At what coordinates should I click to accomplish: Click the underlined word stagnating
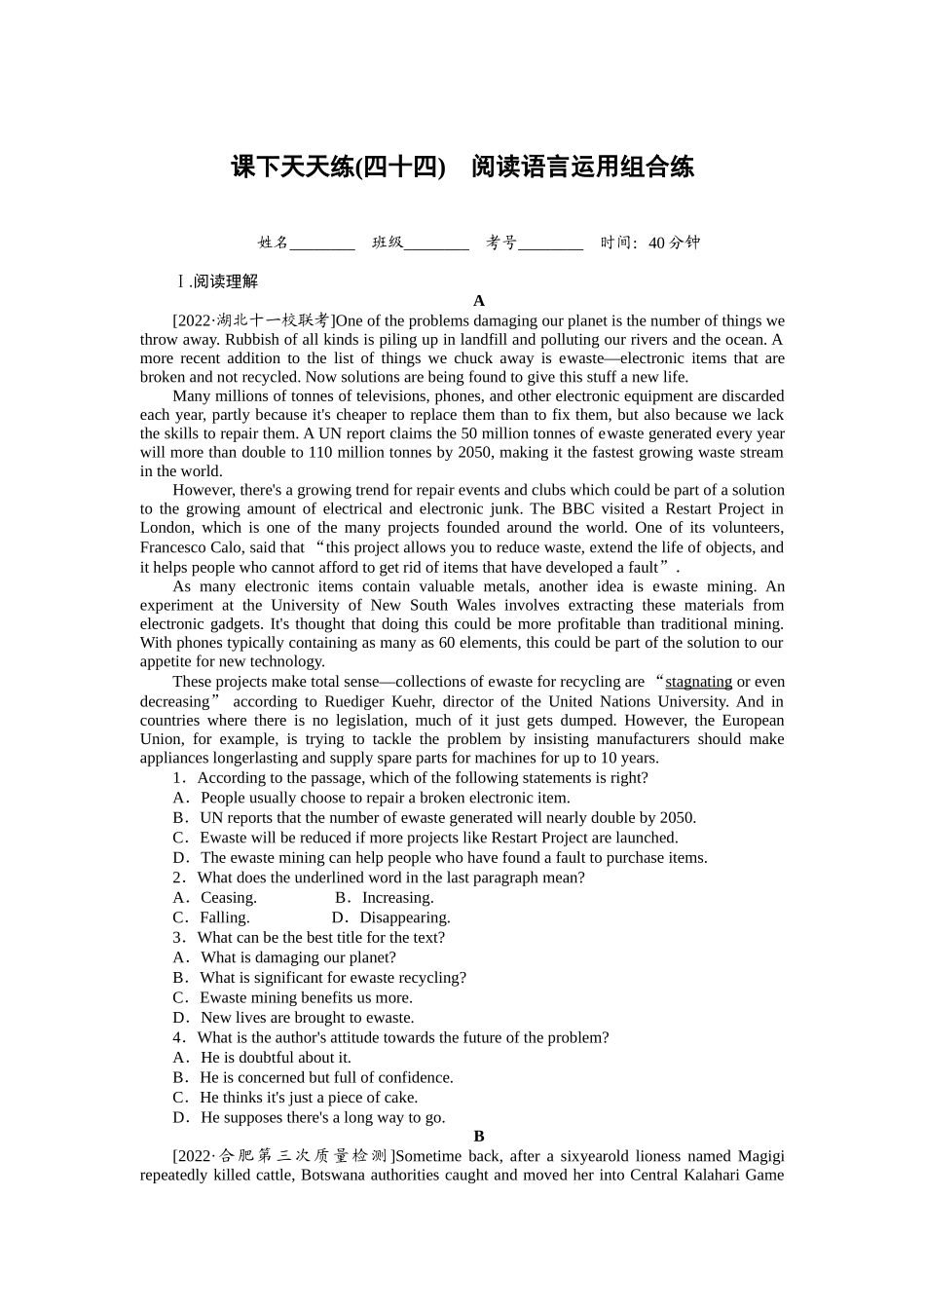[698, 682]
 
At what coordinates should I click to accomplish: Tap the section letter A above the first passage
[478, 301]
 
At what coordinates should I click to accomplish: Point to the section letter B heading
[478, 1137]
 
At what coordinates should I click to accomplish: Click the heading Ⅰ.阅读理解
[216, 281]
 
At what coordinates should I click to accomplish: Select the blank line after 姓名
[322, 243]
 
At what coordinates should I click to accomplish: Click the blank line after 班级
[436, 243]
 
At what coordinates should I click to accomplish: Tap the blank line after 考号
[551, 243]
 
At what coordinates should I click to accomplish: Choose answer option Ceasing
[228, 898]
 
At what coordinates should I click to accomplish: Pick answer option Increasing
[397, 898]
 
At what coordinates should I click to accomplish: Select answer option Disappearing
[404, 917]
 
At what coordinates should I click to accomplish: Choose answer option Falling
[224, 917]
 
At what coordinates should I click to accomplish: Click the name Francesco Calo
[192, 547]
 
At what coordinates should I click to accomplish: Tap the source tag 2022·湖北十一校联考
[253, 320]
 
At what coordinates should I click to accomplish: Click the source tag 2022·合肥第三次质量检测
[283, 1156]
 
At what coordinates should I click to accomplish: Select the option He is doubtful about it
[275, 1058]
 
